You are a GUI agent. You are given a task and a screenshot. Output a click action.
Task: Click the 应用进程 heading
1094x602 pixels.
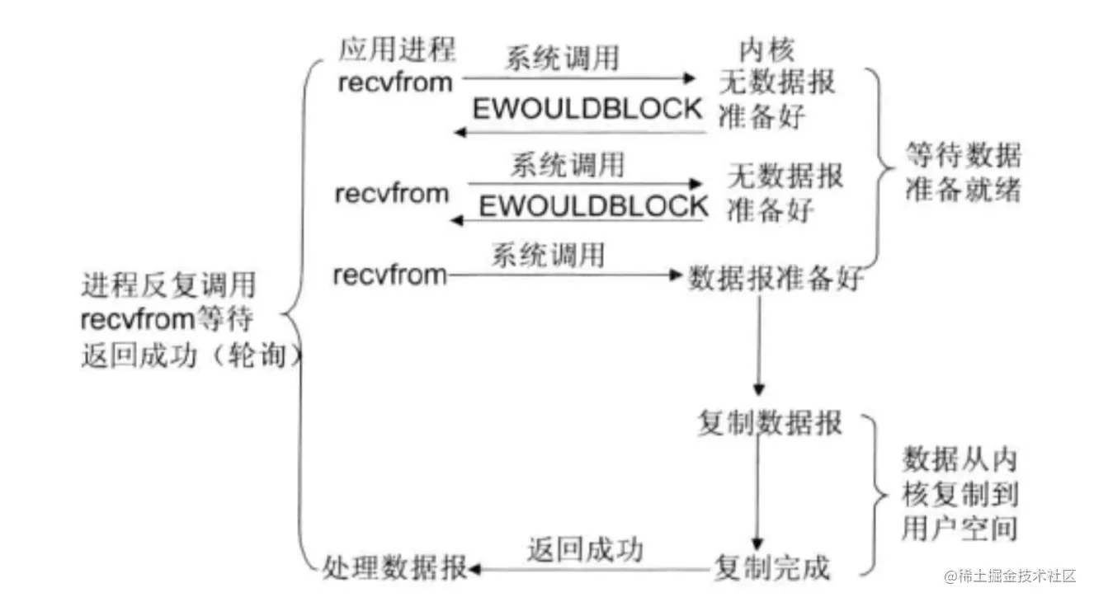[396, 49]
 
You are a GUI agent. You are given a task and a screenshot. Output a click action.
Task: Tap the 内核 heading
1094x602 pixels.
[766, 50]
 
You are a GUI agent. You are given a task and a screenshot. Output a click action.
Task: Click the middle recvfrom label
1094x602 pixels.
[392, 194]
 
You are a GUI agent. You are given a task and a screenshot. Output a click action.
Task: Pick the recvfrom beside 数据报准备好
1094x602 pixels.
[389, 275]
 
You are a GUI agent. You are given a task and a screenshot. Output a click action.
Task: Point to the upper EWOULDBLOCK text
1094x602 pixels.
[587, 108]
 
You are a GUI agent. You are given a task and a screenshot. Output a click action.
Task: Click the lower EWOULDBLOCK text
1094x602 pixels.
[593, 205]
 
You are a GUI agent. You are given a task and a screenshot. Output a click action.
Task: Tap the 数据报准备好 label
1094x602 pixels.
[776, 279]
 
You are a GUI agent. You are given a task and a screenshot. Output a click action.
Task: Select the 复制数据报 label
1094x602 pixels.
[770, 423]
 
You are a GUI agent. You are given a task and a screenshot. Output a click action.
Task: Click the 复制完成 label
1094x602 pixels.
[771, 567]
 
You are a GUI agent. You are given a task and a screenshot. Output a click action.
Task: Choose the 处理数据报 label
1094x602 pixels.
[394, 567]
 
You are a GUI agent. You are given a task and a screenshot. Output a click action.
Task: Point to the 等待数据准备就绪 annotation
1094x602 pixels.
[963, 173]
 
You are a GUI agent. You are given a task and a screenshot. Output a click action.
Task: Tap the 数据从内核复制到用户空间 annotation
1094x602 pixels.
[960, 493]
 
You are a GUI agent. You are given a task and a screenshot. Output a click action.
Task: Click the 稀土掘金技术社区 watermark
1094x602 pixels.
[1011, 576]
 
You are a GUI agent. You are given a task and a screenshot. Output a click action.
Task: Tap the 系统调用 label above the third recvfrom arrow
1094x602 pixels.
[548, 254]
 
